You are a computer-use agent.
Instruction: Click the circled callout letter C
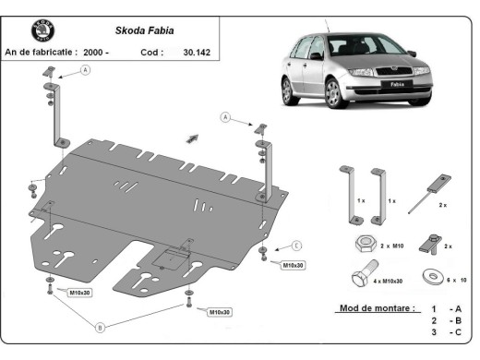pos(296,245)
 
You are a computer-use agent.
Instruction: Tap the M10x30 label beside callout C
pos(293,265)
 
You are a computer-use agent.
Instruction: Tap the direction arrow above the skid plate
pos(193,137)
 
